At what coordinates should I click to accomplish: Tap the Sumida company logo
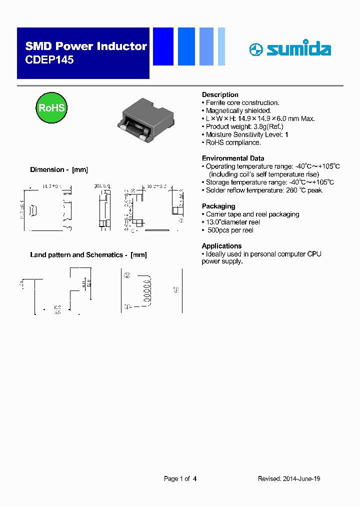(289, 49)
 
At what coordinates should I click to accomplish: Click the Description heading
(220, 94)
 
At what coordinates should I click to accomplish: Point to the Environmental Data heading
(232, 158)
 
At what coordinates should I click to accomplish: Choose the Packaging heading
(218, 206)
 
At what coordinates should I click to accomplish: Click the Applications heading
(221, 246)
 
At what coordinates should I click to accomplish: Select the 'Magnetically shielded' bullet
(238, 110)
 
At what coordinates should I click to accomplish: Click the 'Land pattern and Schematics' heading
(88, 254)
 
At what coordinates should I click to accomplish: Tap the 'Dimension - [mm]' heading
(59, 169)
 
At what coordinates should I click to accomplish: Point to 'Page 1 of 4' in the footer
(180, 478)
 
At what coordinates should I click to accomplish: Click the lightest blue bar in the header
(221, 46)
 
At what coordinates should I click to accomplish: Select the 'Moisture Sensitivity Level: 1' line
(247, 134)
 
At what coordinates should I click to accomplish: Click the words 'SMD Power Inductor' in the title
(86, 46)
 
